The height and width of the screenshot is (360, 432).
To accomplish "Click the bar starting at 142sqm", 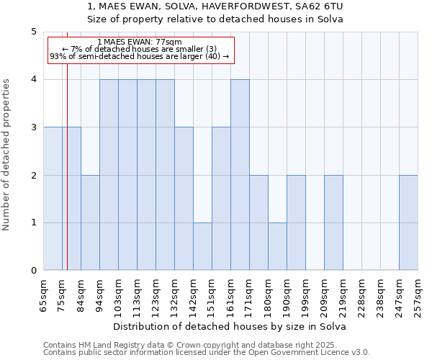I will [202, 246].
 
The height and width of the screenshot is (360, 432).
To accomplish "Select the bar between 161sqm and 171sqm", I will [240, 175].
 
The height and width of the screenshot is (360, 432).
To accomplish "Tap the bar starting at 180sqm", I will [277, 246].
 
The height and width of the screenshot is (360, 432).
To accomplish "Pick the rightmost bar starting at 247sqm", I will [408, 222].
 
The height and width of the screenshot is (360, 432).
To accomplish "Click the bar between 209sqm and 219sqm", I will [333, 222].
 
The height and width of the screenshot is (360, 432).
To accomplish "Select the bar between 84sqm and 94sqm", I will [90, 222].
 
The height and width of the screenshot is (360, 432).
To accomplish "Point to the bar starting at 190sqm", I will [296, 222].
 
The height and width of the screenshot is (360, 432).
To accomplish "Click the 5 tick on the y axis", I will [33, 32].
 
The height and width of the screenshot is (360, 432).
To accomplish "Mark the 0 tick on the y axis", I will [33, 271].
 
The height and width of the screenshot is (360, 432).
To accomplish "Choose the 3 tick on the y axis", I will [33, 127].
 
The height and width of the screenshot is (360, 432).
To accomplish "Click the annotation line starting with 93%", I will [140, 55].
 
